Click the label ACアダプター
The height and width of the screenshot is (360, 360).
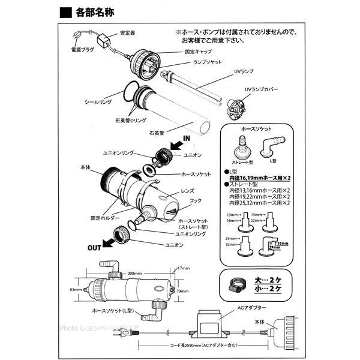pyautogui.click(x=247, y=306)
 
